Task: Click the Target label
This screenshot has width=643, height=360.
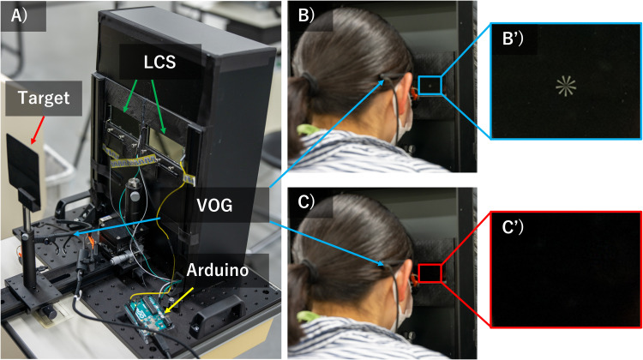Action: click(x=39, y=98)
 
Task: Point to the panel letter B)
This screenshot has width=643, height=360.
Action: click(x=303, y=14)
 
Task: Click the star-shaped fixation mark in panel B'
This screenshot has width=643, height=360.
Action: click(x=563, y=85)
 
